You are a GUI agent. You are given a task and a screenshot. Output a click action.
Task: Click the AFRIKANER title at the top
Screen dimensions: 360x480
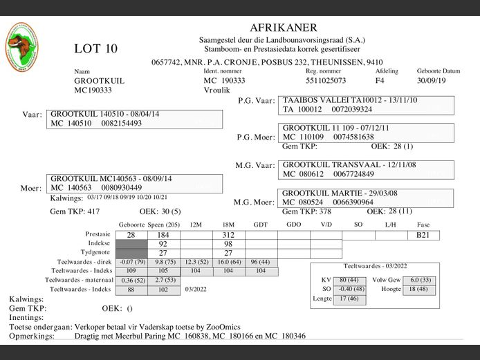pyautogui.click(x=284, y=28)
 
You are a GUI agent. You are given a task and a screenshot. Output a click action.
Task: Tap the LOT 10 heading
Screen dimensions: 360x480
pyautogui.click(x=96, y=49)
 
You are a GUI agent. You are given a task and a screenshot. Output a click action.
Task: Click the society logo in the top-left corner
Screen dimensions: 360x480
pyautogui.click(x=22, y=46)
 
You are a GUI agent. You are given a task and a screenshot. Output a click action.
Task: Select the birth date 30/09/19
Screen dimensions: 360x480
pyautogui.click(x=432, y=80)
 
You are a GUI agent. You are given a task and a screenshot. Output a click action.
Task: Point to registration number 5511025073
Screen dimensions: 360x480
pyautogui.click(x=326, y=80)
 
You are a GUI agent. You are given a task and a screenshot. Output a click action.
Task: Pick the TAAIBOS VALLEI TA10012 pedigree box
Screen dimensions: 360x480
pyautogui.click(x=366, y=104)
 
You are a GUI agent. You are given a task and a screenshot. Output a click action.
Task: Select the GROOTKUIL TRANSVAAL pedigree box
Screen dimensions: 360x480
pyautogui.click(x=368, y=169)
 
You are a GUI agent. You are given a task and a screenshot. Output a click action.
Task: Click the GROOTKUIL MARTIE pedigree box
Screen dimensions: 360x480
pyautogui.click(x=368, y=198)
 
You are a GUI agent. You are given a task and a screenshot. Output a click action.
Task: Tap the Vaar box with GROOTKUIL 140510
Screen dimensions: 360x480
pyautogui.click(x=136, y=119)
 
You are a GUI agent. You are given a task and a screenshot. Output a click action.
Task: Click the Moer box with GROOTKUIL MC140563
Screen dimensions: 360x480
pyautogui.click(x=136, y=183)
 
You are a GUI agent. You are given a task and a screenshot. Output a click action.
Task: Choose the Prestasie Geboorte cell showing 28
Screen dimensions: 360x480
pyautogui.click(x=131, y=236)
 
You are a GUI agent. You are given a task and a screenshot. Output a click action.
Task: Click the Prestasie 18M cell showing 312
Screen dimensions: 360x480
pyautogui.click(x=228, y=236)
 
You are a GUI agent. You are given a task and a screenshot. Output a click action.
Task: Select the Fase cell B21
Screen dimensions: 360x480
pyautogui.click(x=423, y=236)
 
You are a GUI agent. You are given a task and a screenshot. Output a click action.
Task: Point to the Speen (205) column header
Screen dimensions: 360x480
pyautogui.click(x=163, y=225)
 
